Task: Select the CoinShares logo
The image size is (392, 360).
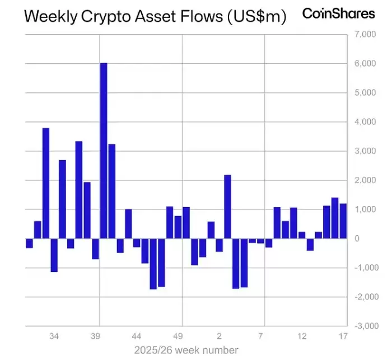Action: (338, 13)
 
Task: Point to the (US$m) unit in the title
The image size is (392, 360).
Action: (255, 17)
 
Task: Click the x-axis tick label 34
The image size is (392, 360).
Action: (54, 336)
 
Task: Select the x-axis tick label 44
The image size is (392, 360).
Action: (136, 336)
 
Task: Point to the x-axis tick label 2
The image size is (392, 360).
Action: (220, 336)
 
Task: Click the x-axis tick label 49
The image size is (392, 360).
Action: (178, 336)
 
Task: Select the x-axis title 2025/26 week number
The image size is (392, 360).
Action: (186, 350)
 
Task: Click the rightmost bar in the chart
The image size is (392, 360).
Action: (343, 221)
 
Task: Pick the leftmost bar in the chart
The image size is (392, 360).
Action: (29, 243)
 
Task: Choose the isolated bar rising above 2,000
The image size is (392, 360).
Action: (227, 207)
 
